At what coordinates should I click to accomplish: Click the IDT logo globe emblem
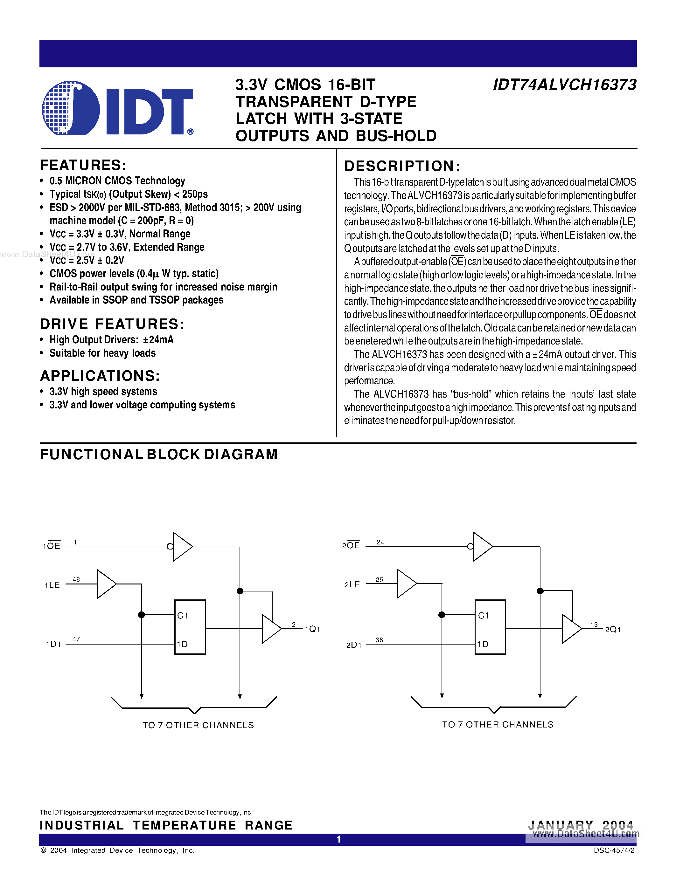[71, 108]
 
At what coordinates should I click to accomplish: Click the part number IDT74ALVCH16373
[565, 85]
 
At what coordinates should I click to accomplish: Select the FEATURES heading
[83, 165]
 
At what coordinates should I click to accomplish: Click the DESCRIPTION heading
[402, 166]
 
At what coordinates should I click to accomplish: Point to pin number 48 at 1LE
[76, 579]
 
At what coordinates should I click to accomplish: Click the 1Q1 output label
[312, 629]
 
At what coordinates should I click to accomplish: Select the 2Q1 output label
[613, 630]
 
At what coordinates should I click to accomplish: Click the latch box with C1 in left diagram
[190, 627]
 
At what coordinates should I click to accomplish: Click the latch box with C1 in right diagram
[490, 627]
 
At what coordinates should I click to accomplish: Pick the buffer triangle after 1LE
[106, 584]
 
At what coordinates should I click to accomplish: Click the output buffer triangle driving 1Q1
[271, 629]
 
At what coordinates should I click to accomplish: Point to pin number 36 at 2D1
[379, 640]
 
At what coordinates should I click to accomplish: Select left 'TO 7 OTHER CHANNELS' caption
[198, 725]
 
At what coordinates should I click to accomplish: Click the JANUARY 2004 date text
[581, 825]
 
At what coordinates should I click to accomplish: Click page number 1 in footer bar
[339, 839]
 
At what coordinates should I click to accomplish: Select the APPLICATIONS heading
[100, 376]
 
